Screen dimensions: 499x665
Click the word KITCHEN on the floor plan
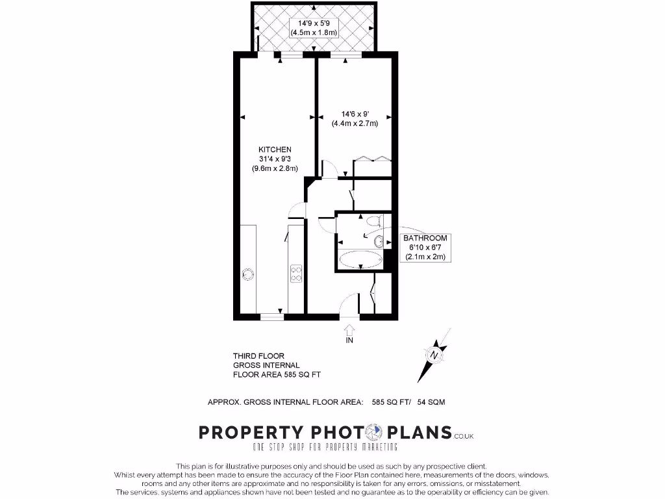tap(275, 149)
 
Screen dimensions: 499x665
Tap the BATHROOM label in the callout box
tap(425, 238)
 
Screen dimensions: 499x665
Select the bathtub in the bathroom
tap(360, 260)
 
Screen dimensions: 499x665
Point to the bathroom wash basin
tap(379, 241)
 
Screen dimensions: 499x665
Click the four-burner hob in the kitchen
tap(296, 274)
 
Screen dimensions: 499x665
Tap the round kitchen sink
tap(247, 274)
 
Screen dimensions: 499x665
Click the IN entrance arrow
tap(349, 331)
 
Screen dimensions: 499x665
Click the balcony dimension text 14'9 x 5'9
tap(313, 25)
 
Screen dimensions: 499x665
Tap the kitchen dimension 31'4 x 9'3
tap(275, 159)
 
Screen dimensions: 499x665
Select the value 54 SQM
tap(431, 402)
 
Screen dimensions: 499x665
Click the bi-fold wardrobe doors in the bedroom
tap(372, 159)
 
